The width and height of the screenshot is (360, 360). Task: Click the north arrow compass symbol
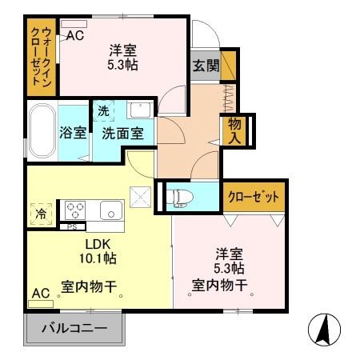[x=324, y=328]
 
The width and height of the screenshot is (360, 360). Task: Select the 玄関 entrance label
[x=205, y=66]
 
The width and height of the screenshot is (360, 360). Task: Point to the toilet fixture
[x=179, y=194]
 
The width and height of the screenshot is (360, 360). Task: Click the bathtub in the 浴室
[x=41, y=132]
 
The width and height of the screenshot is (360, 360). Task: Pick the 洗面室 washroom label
[x=122, y=134]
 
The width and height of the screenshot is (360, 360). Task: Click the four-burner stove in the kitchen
[x=77, y=210]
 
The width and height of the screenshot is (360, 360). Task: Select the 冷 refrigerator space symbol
[x=40, y=214]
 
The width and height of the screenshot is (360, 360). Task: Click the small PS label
[x=71, y=227]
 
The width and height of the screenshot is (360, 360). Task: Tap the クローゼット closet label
[x=254, y=197]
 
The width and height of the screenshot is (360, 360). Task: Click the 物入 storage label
[x=235, y=132]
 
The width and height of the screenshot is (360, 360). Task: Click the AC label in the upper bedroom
[x=75, y=35]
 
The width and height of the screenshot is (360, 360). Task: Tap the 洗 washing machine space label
[x=104, y=110]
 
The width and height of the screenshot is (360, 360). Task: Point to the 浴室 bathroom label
[x=74, y=134]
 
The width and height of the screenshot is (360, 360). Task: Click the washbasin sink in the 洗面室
[x=139, y=110]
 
